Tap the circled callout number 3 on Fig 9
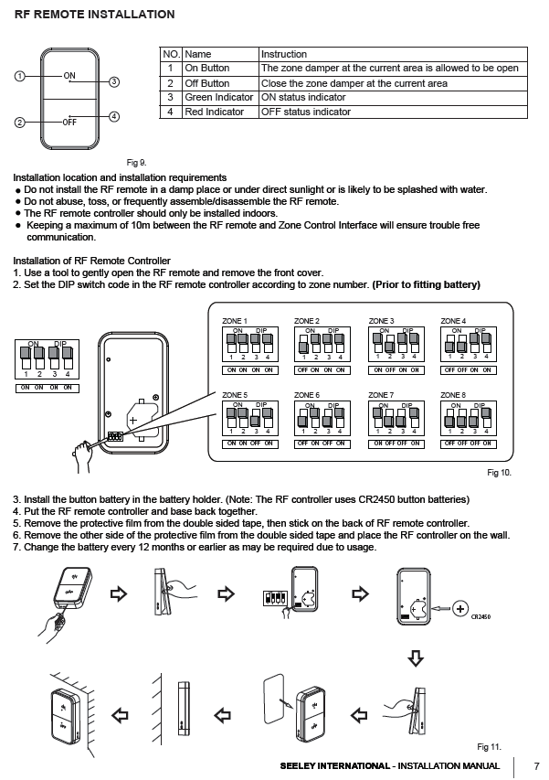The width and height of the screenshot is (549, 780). (x=114, y=82)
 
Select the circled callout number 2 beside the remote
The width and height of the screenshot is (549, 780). (x=19, y=122)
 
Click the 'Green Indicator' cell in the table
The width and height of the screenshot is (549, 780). (x=219, y=97)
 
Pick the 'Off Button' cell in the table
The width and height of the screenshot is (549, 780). (x=207, y=83)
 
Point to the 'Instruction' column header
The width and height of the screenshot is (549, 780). (x=284, y=55)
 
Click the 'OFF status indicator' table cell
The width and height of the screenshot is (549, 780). (x=306, y=112)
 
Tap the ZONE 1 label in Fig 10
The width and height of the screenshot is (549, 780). (x=236, y=322)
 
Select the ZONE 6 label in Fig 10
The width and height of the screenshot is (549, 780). (x=307, y=395)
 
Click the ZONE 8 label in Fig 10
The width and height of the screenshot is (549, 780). (x=453, y=395)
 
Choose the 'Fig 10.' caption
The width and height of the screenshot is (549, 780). (x=498, y=473)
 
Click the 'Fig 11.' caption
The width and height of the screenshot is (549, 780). (x=490, y=746)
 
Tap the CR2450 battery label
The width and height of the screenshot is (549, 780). (x=481, y=617)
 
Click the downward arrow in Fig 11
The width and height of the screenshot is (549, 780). (x=416, y=658)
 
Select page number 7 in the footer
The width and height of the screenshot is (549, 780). (x=536, y=766)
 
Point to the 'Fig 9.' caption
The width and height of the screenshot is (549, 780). (x=136, y=163)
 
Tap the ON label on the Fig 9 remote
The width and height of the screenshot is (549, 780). (x=69, y=75)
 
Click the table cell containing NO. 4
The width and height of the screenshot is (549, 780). (x=170, y=112)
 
